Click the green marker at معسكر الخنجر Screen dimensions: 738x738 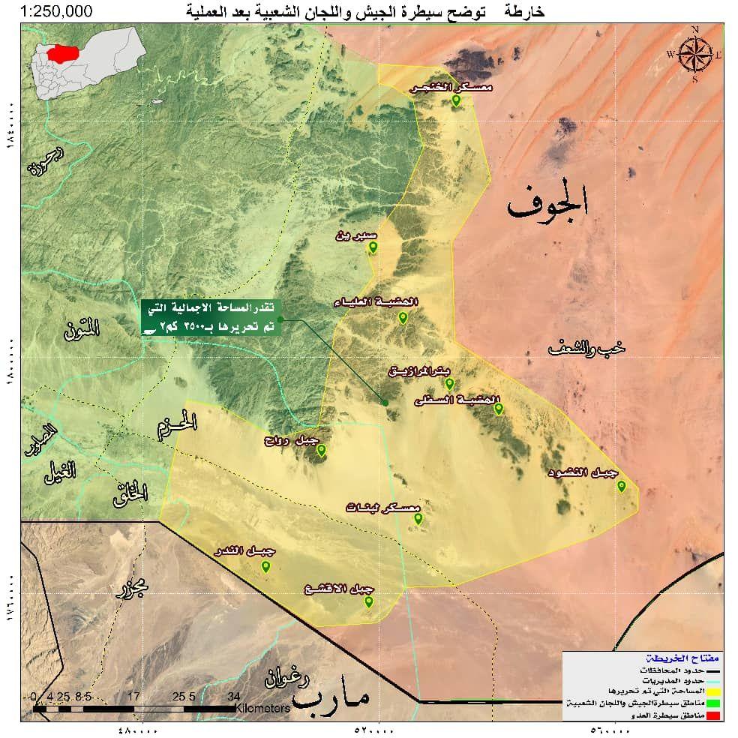456,100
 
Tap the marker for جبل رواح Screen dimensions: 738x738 321,450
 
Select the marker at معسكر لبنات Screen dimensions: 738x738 418,517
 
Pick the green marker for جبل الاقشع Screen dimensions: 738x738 368,600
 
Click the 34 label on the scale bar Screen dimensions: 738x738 234,695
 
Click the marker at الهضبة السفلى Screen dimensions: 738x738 498,408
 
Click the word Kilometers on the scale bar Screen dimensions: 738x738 262,708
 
